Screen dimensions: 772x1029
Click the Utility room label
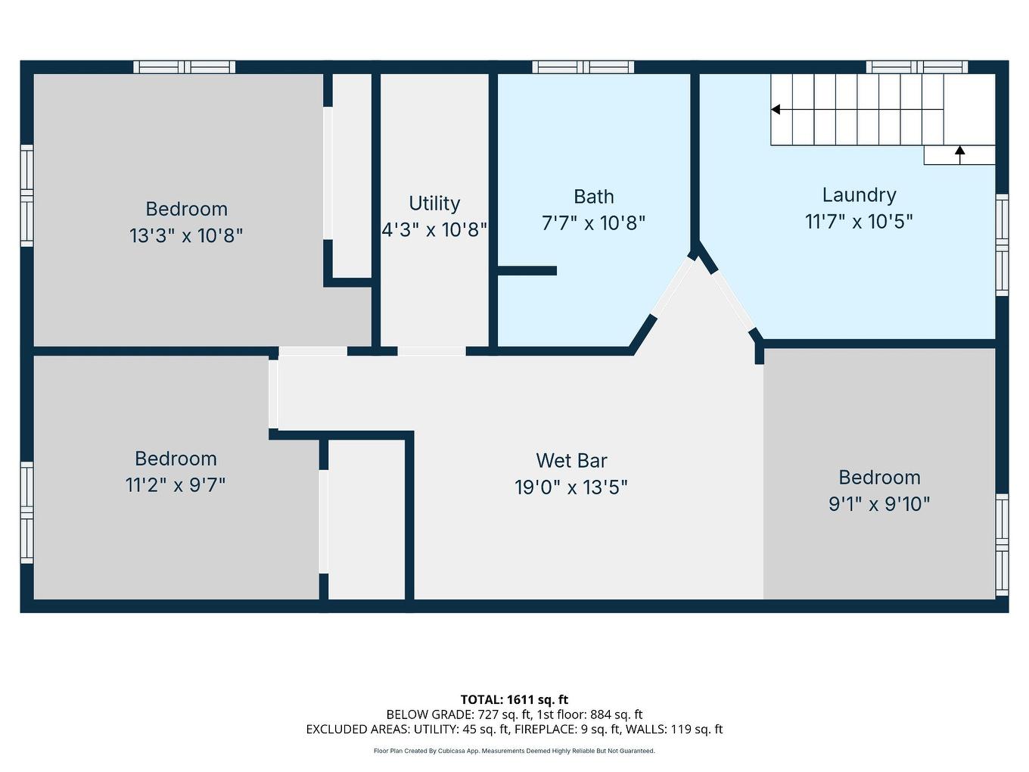(434, 204)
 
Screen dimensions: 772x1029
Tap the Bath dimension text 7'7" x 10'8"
(593, 223)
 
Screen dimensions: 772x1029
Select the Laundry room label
(859, 195)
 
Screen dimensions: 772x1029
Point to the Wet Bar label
(571, 460)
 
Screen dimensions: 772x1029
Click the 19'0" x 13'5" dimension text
(571, 487)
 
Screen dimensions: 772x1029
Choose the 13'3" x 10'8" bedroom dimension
(186, 235)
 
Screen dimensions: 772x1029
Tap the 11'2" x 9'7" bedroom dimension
(176, 484)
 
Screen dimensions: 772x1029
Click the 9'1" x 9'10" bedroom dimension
(879, 503)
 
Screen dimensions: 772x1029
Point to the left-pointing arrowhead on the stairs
(776, 110)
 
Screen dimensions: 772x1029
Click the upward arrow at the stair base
(959, 151)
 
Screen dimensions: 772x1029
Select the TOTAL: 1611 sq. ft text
(514, 699)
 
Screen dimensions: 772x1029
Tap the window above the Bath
(583, 67)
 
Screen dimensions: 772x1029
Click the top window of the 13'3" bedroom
(185, 67)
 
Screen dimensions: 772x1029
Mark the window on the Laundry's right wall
(1002, 244)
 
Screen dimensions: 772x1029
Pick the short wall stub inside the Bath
(527, 270)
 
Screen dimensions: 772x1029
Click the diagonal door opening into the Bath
(672, 287)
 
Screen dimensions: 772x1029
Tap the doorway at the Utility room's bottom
(431, 351)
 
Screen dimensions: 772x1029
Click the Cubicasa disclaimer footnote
(514, 751)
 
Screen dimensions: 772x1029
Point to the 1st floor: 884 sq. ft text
(589, 714)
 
